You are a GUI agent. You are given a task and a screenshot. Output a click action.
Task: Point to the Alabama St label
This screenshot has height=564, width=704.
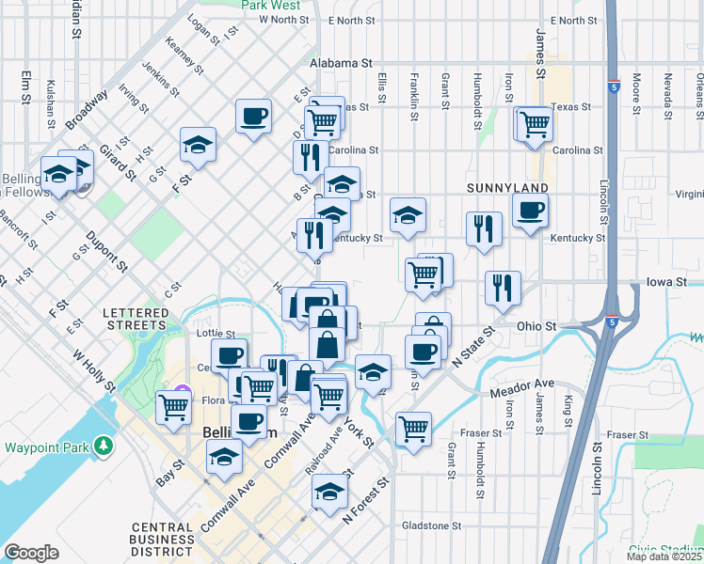click(x=341, y=62)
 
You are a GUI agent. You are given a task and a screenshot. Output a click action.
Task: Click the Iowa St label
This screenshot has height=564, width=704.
click(x=667, y=281)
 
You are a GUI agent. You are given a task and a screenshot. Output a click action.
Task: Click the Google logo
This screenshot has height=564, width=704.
click(x=31, y=553)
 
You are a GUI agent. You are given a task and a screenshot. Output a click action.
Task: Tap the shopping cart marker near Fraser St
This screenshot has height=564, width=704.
click(x=413, y=429)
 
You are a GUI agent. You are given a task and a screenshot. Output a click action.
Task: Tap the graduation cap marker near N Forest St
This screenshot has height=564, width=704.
click(x=329, y=491)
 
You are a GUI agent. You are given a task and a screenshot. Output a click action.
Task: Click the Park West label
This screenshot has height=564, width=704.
click(x=270, y=5)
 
